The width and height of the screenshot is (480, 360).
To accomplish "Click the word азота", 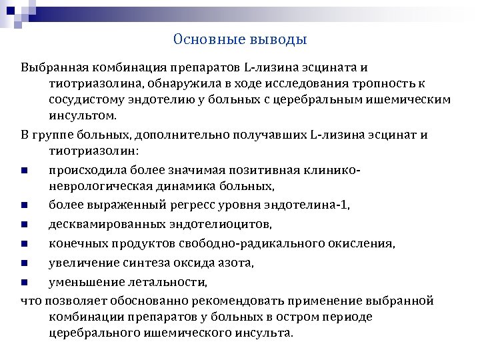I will [x=235, y=263].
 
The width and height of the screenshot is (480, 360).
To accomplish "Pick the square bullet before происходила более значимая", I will [x=24, y=170].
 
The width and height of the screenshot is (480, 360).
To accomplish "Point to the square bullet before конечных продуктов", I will [x=24, y=245].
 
